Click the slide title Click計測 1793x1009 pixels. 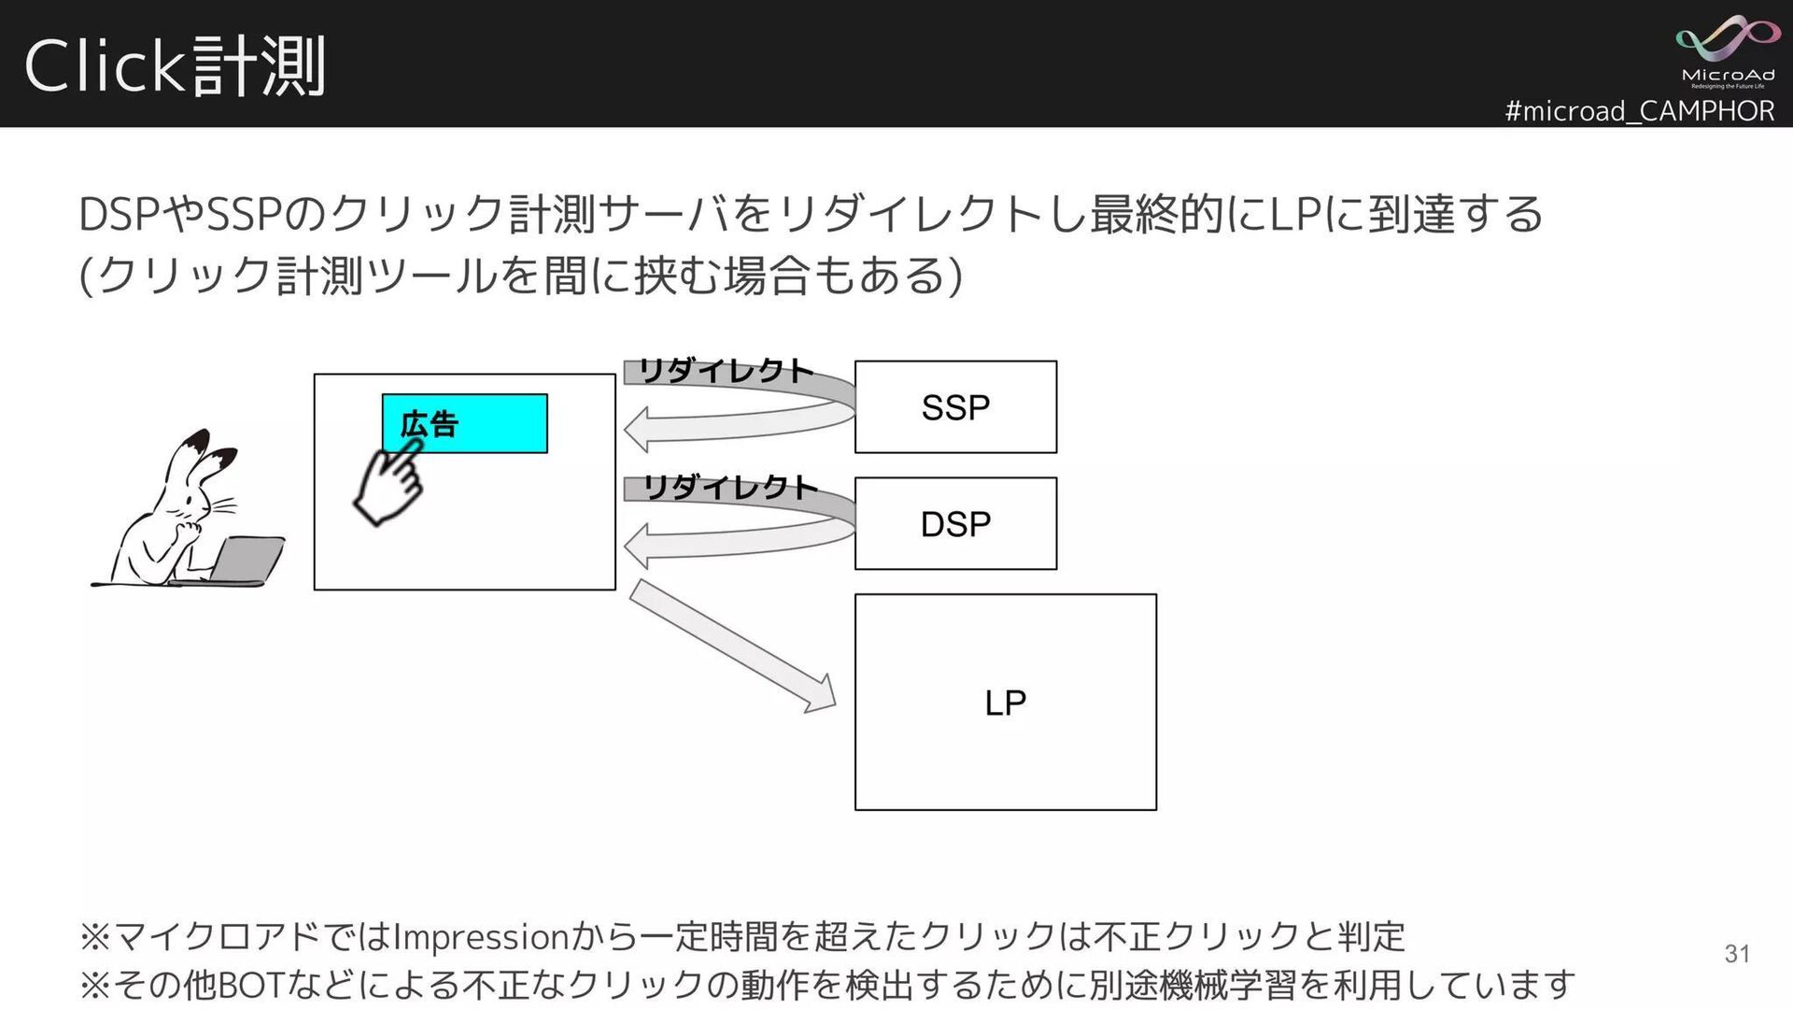pyautogui.click(x=175, y=66)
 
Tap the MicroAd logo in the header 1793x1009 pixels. pyautogui.click(x=1727, y=51)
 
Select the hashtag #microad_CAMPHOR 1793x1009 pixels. pyautogui.click(x=1639, y=111)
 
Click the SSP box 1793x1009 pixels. pyautogui.click(x=955, y=407)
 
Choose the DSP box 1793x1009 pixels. pyautogui.click(x=955, y=523)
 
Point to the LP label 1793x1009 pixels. pyautogui.click(x=1005, y=703)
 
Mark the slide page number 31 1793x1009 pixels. pyautogui.click(x=1737, y=953)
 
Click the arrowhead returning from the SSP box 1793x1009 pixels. pyautogui.click(x=639, y=431)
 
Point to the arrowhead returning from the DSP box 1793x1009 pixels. pyautogui.click(x=639, y=547)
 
